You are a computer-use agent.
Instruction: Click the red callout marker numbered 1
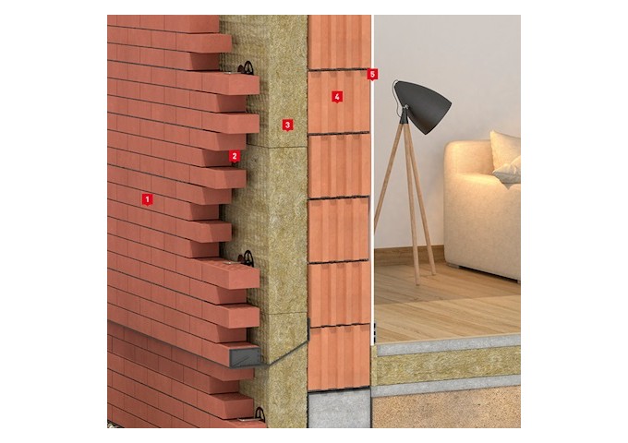pyautogui.click(x=148, y=199)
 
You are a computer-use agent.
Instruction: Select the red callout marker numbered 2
pyautogui.click(x=235, y=156)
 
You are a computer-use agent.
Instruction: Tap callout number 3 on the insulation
pyautogui.click(x=287, y=125)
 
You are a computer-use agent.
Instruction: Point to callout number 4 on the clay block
pyautogui.click(x=337, y=96)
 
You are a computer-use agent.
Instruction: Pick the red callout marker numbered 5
pyautogui.click(x=372, y=74)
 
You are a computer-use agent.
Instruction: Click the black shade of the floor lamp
pyautogui.click(x=425, y=105)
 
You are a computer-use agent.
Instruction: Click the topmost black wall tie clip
pyautogui.click(x=247, y=68)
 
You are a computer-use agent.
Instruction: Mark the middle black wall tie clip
pyautogui.click(x=247, y=258)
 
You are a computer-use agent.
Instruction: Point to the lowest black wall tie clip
pyautogui.click(x=260, y=414)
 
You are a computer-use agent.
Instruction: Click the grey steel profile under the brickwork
pyautogui.click(x=245, y=357)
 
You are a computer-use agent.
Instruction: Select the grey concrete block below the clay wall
pyautogui.click(x=339, y=409)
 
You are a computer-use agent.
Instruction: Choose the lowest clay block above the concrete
pyautogui.click(x=339, y=357)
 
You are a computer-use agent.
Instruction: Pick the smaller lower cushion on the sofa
pyautogui.click(x=508, y=172)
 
